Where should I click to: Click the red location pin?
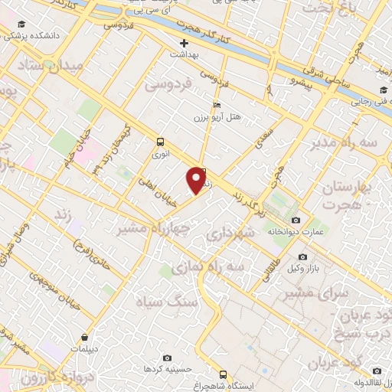197,179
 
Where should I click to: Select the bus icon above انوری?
160,142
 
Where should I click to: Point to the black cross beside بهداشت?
183,43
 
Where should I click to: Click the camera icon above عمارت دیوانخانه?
296,220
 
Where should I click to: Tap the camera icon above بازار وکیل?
303,256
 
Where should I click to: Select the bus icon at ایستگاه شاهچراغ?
223,374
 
